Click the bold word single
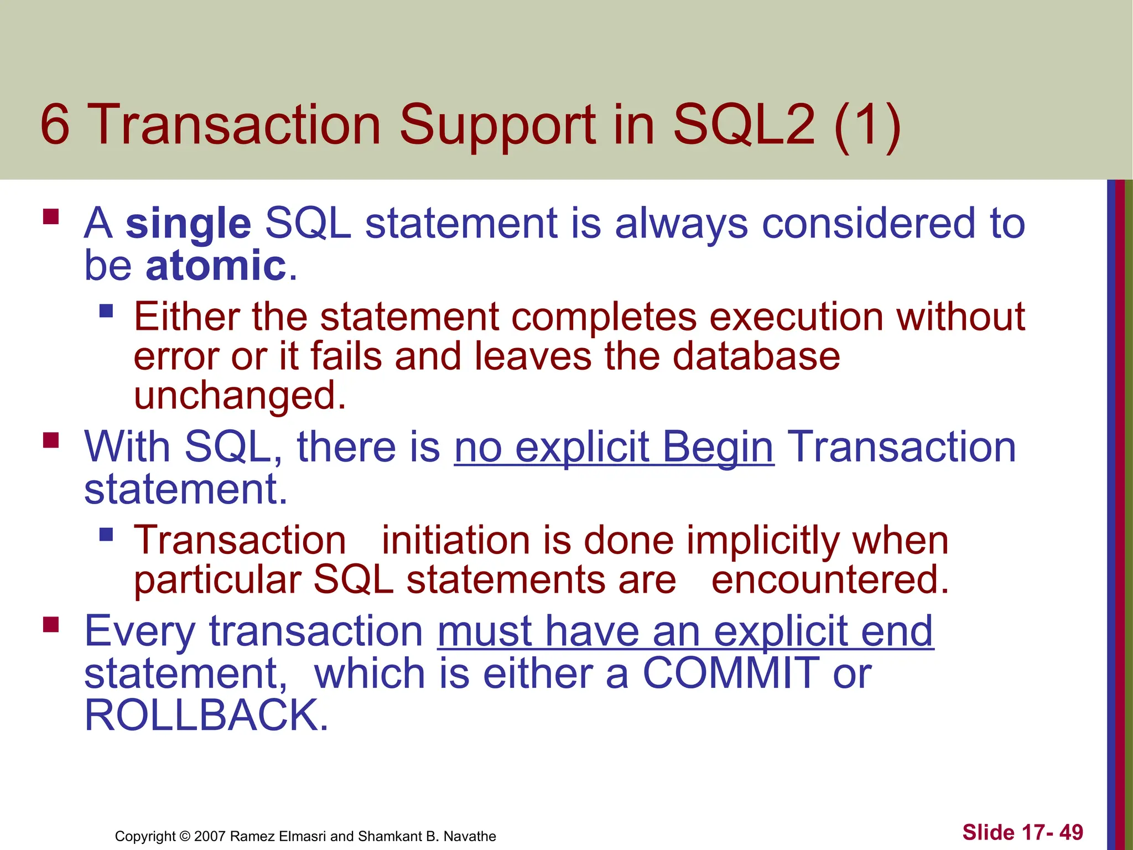pos(188,224)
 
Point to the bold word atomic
pos(216,266)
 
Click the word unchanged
pos(239,396)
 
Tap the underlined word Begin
pos(718,447)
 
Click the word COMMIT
pos(731,673)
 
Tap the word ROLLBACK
pos(206,716)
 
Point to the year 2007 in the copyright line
pos(210,836)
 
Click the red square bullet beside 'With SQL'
pos(51,440)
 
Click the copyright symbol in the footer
pos(185,836)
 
